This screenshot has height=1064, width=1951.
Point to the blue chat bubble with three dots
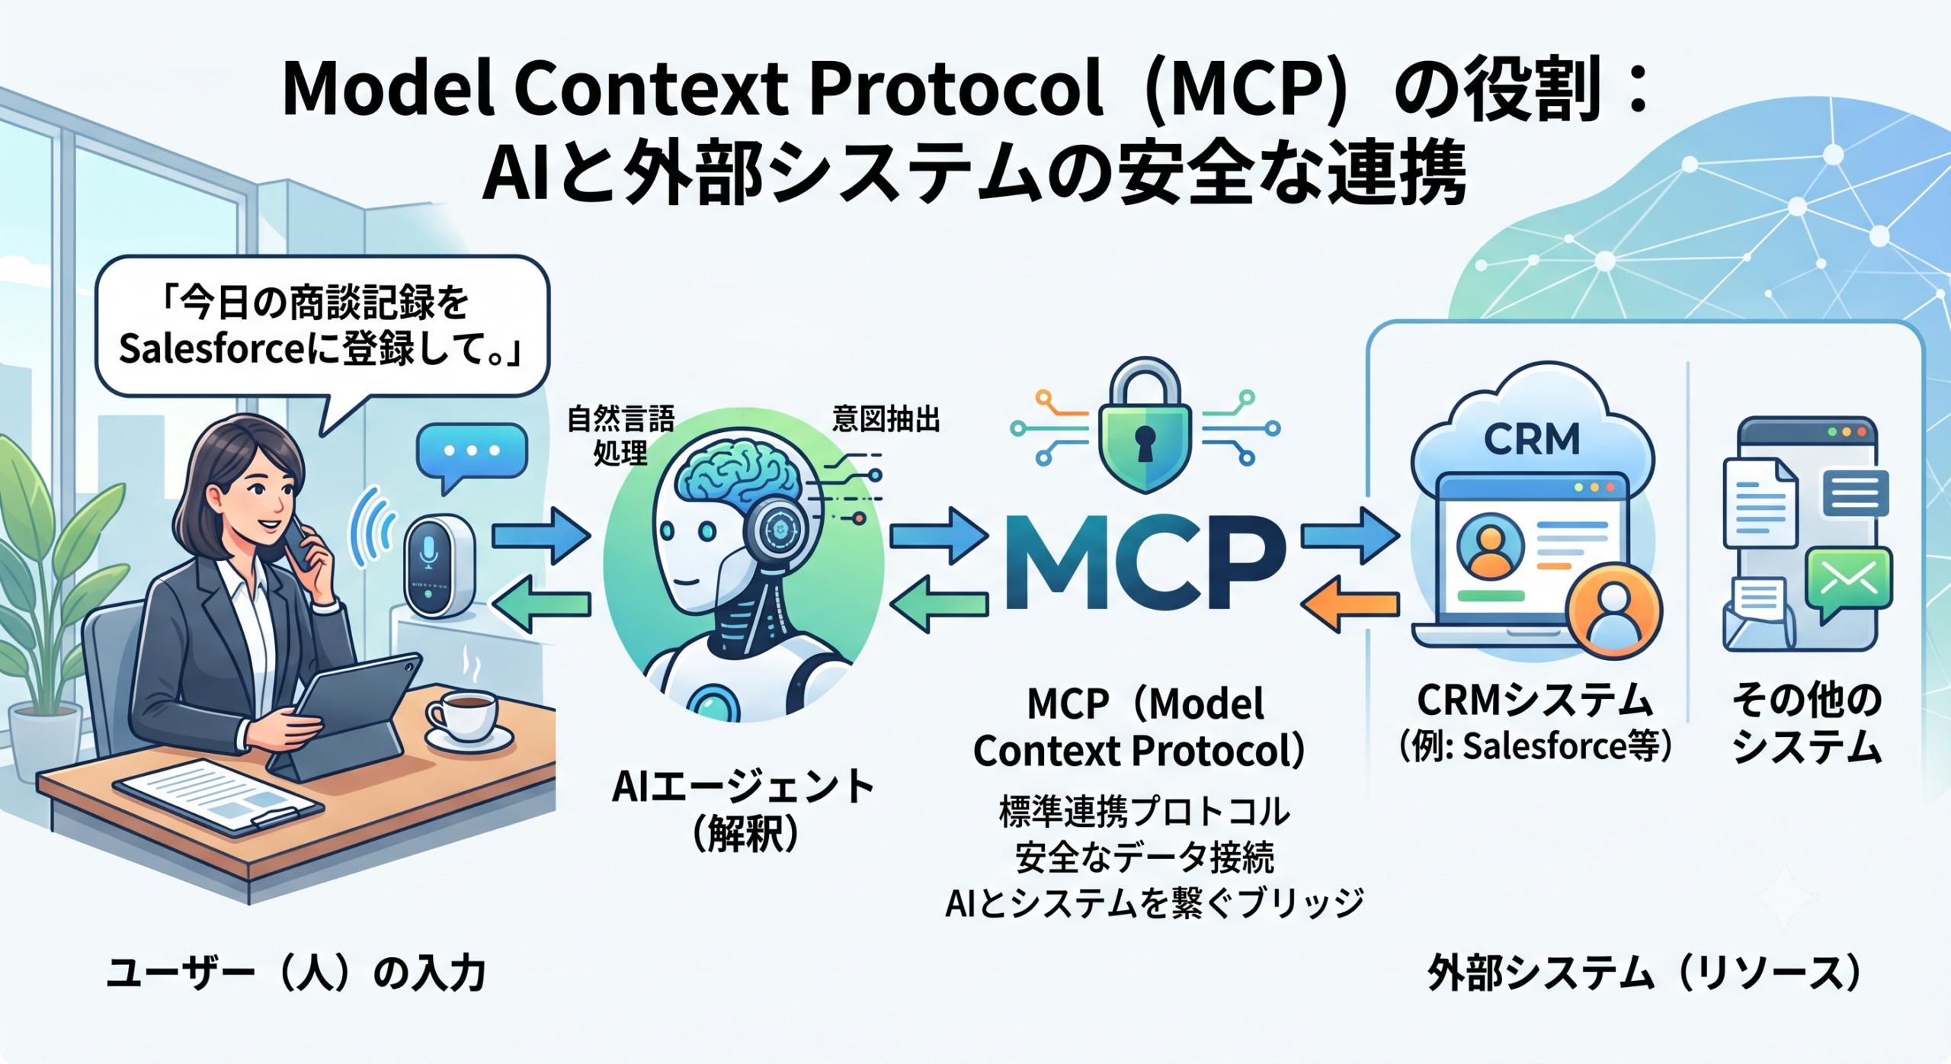[x=472, y=456]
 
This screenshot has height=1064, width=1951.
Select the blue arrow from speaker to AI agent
[x=541, y=535]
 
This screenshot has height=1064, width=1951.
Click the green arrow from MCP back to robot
[x=939, y=604]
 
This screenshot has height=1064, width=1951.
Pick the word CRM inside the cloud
[x=1532, y=439]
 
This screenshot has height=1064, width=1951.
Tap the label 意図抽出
[x=886, y=419]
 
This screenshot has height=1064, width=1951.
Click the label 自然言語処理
[x=620, y=435]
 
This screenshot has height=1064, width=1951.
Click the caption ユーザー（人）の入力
[x=296, y=973]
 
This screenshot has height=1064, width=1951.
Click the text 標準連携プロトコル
[x=1144, y=812]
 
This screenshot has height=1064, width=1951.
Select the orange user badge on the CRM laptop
[x=1614, y=610]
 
